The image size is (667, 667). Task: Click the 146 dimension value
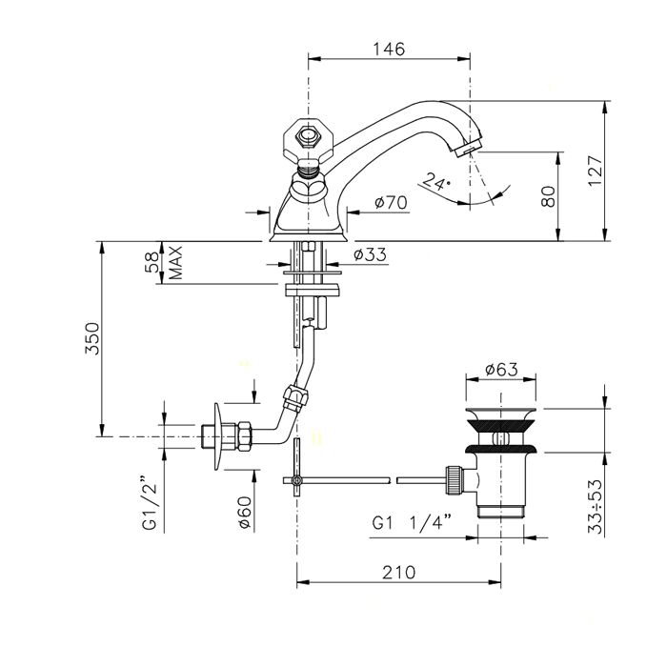pos(389,49)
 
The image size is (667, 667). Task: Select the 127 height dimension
pos(595,171)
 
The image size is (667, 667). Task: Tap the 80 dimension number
pos(548,196)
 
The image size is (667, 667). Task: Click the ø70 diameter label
pos(391,202)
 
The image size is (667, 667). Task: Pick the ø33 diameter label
pos(370,254)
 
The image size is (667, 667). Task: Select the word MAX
pos(175,262)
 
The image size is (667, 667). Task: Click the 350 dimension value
pos(91,338)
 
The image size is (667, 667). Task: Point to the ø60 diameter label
pos(245,513)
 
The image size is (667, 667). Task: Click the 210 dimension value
pos(398,573)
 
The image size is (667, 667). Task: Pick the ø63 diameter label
pos(501,370)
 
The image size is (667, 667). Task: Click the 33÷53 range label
pos(596,507)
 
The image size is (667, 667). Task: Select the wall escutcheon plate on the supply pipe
pos(218,436)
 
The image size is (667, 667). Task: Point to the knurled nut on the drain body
pos(453,480)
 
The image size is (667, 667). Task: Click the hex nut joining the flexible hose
pos(294,398)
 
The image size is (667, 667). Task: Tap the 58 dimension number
pos(152,262)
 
